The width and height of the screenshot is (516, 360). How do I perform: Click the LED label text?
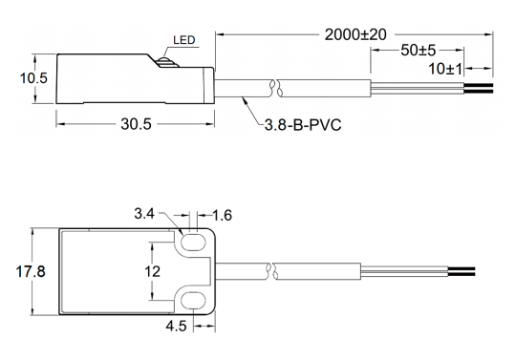click(184, 40)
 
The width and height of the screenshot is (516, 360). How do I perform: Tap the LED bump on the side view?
click(167, 62)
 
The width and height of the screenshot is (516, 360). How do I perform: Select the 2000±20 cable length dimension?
click(355, 34)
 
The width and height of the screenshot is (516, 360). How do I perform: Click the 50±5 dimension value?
click(418, 51)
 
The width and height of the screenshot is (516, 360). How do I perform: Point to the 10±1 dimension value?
click(445, 69)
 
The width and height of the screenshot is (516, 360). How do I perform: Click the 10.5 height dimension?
click(33, 78)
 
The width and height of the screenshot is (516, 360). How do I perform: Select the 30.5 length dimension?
click(136, 124)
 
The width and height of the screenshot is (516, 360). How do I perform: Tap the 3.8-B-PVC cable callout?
click(303, 125)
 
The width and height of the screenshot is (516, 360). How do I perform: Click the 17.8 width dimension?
click(31, 272)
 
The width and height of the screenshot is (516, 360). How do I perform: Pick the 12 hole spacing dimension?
click(152, 271)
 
